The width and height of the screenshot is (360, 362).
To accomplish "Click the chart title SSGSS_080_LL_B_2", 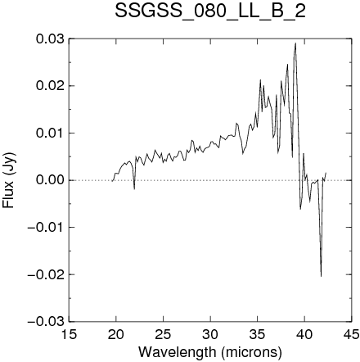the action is pos(210,11).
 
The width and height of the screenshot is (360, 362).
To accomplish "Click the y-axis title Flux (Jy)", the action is pos(9,180).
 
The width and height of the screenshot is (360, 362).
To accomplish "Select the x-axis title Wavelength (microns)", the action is pos(210,352).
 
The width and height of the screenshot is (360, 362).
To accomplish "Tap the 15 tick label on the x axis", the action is pos(69,334).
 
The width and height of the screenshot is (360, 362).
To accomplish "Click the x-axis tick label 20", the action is pos(116,334).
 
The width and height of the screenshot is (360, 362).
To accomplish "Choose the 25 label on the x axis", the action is pos(163,334).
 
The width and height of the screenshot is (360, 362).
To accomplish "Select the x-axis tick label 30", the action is pos(210,334).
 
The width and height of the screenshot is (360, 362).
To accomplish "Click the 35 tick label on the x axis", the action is pos(258,334).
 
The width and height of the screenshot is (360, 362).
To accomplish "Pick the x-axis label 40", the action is pos(304,334).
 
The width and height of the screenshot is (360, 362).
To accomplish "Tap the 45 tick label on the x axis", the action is pos(351,334).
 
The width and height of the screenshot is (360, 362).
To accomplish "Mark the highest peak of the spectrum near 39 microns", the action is pos(295,43).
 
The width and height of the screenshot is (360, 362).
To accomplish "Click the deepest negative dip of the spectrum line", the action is pos(321,276).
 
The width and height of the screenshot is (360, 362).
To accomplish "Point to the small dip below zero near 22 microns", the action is pos(134,189).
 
